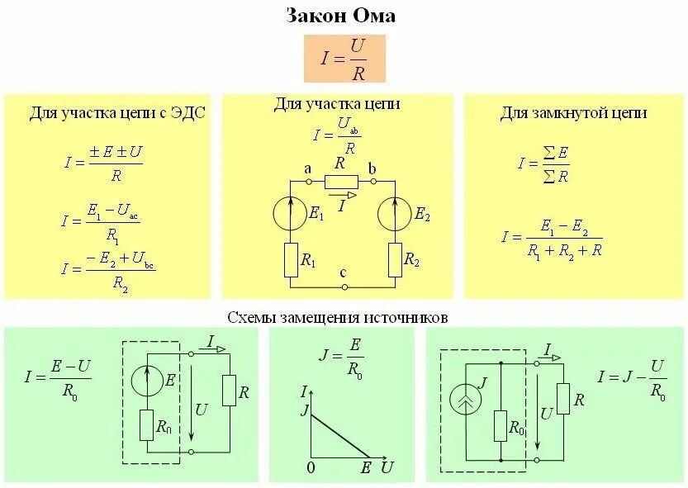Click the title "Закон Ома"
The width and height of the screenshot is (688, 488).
(x=341, y=16)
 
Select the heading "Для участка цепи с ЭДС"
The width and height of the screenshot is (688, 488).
(x=117, y=113)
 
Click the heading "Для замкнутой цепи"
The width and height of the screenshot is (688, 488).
(x=572, y=113)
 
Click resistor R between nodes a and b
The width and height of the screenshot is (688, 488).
(x=341, y=182)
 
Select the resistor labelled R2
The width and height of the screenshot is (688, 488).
(x=395, y=259)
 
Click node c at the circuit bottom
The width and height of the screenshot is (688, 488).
(x=344, y=286)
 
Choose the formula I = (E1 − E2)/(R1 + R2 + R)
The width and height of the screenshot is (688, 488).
(x=552, y=237)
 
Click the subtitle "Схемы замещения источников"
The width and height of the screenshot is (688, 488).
(x=338, y=317)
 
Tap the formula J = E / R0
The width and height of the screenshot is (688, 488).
(x=340, y=357)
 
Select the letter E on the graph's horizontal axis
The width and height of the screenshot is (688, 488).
(x=367, y=467)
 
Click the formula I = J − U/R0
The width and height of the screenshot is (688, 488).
(x=633, y=379)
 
